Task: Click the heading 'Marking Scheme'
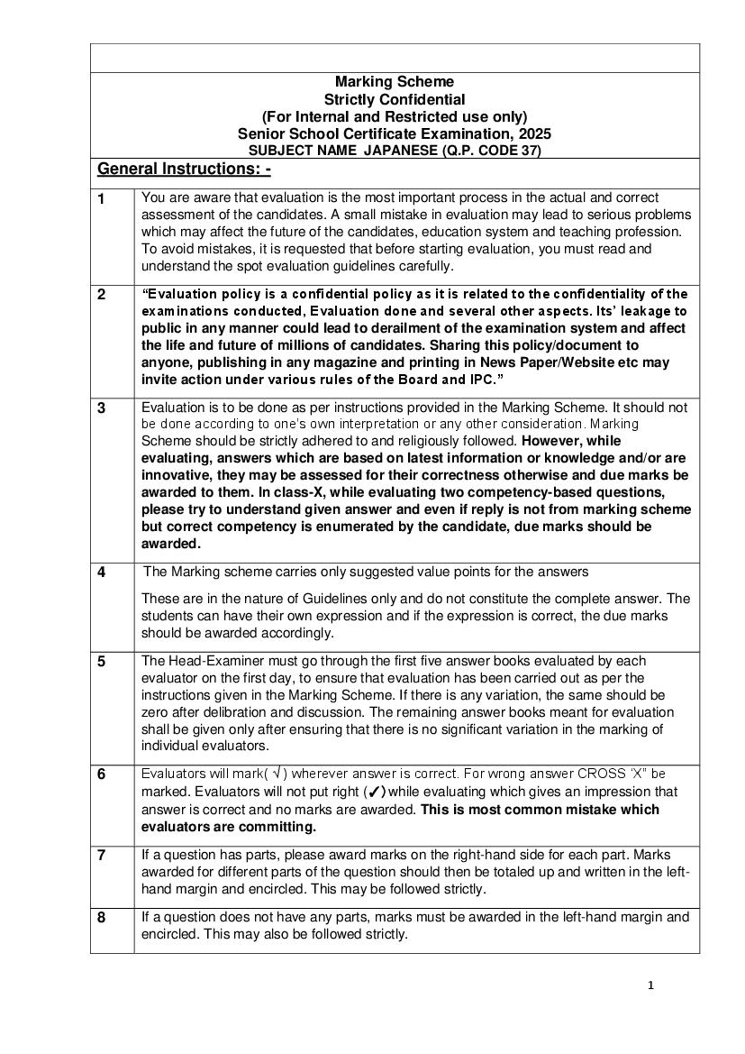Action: point(395,82)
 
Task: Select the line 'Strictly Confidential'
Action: point(395,99)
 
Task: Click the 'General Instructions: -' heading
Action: point(184,170)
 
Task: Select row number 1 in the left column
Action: point(101,199)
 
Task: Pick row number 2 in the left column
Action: point(101,295)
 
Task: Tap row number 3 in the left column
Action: point(101,408)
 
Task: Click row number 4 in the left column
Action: point(101,573)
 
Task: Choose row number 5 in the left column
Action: point(101,661)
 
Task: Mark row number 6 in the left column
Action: point(101,774)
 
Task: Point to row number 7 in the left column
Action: point(101,855)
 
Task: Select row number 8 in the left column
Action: point(101,918)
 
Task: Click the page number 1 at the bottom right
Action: point(650,985)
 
